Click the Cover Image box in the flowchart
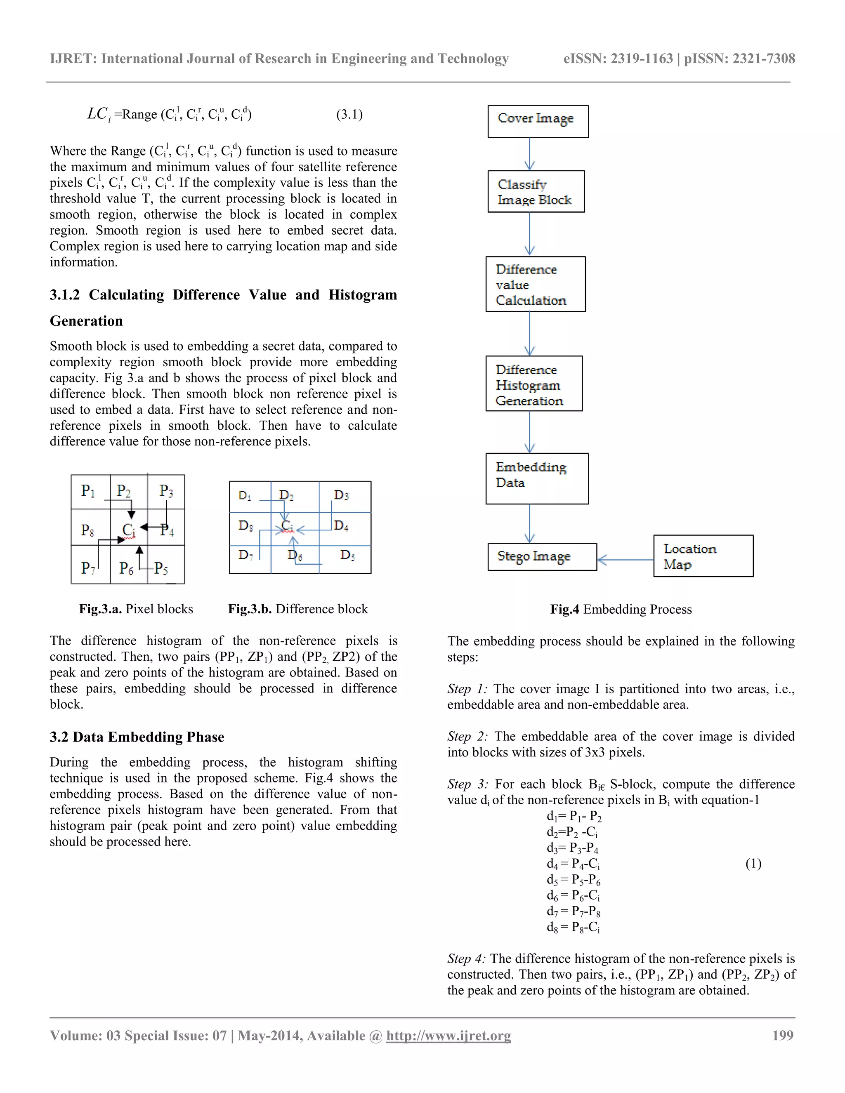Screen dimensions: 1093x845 coord(538,121)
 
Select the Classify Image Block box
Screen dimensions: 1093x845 coord(536,192)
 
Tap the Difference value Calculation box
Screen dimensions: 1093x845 coord(535,284)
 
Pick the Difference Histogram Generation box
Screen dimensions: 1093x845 coord(533,384)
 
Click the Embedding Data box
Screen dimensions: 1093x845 coord(537,478)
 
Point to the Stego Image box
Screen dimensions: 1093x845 coord(542,556)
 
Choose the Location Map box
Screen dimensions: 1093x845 coord(703,556)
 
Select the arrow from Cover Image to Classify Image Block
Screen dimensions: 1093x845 coord(530,154)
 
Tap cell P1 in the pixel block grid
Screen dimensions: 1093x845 coord(90,492)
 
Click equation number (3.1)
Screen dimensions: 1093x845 coord(349,115)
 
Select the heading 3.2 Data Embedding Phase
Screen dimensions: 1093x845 coord(137,737)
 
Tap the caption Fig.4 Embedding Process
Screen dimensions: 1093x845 coord(621,609)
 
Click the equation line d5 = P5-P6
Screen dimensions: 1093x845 coord(573,879)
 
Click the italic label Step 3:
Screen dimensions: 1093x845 coord(467,784)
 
